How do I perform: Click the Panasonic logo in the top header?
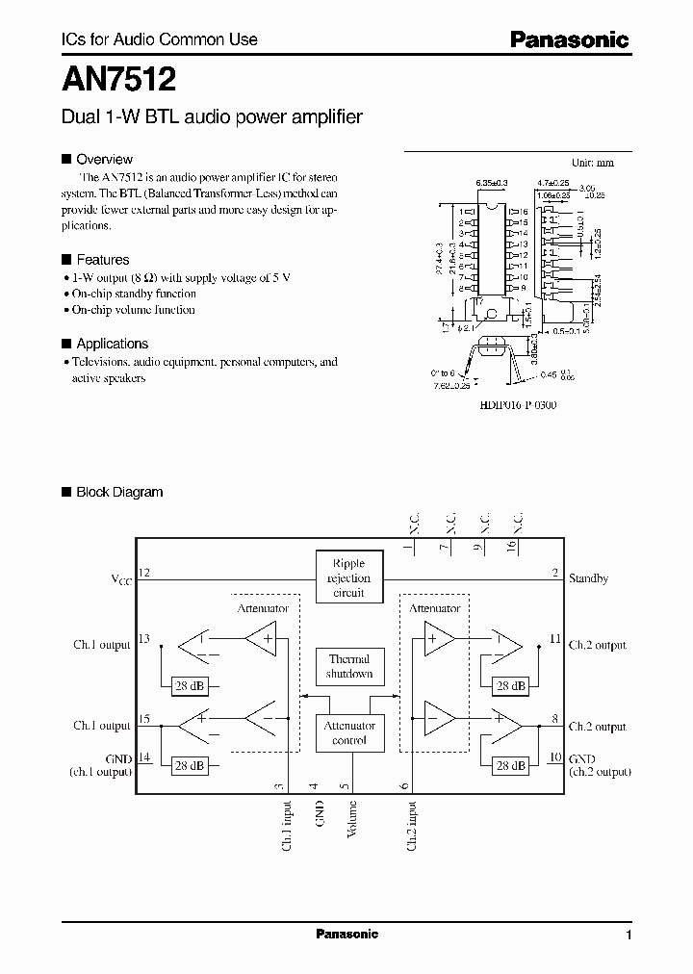pyautogui.click(x=569, y=39)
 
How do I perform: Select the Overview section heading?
pyautogui.click(x=104, y=159)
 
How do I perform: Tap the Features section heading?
pyautogui.click(x=102, y=260)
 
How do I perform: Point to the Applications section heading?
pyautogui.click(x=112, y=344)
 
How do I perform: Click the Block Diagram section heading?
pyautogui.click(x=119, y=492)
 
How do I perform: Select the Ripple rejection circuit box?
pyautogui.click(x=348, y=577)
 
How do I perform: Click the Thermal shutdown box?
pyautogui.click(x=348, y=666)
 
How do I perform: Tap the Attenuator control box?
pyautogui.click(x=348, y=732)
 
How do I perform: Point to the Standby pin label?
pyautogui.click(x=588, y=579)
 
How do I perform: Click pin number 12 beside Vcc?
pyautogui.click(x=144, y=573)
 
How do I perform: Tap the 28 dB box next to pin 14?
pyautogui.click(x=188, y=766)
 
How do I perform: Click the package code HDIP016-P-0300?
pyautogui.click(x=517, y=405)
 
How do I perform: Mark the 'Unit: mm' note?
pyautogui.click(x=592, y=163)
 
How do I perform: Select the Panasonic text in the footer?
pyautogui.click(x=347, y=935)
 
